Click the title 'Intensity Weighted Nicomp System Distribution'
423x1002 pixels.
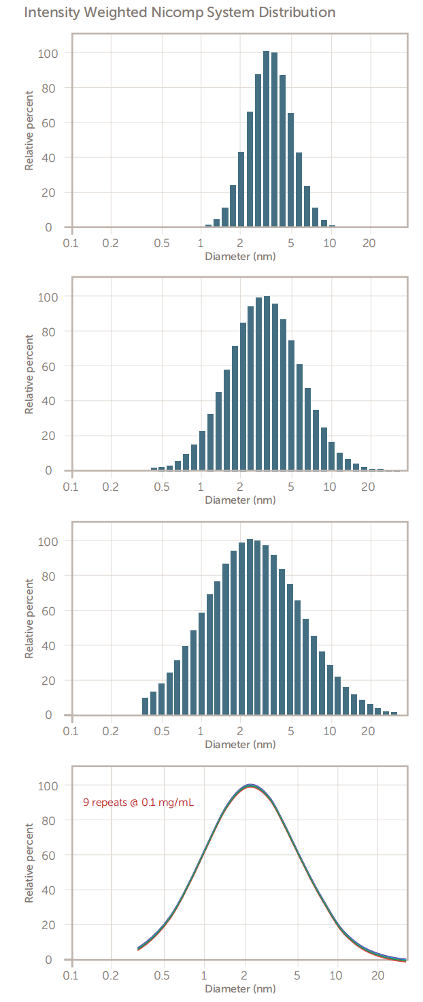180,13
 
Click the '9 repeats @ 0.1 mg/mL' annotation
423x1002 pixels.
138,803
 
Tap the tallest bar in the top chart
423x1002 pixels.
267,140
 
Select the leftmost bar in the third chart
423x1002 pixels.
145,706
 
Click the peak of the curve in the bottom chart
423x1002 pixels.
250,786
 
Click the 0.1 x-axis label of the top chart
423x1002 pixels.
71,242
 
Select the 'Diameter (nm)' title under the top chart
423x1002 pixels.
240,257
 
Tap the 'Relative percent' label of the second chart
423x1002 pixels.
29,374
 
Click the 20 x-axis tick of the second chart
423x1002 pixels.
369,486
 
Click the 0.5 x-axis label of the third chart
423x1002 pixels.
161,730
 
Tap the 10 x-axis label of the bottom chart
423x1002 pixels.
336,975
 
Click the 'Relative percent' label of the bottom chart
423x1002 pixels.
29,862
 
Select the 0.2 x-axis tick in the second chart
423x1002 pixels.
110,486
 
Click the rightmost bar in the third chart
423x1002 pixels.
394,713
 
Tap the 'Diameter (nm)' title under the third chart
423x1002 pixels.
240,744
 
